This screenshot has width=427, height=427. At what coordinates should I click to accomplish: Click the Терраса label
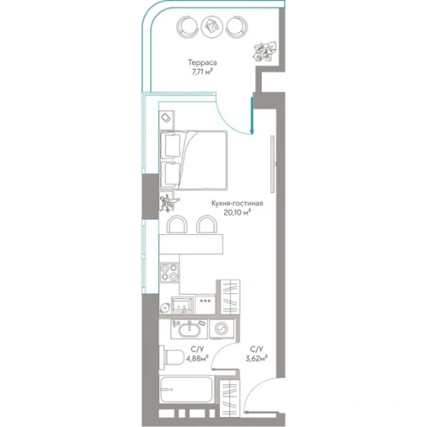click(x=202, y=62)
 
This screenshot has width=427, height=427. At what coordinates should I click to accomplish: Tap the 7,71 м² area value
click(x=202, y=72)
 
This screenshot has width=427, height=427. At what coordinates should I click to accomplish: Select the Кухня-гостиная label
click(x=237, y=204)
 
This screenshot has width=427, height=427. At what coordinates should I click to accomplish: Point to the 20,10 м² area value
click(x=237, y=212)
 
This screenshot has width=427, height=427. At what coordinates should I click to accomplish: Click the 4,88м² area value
click(x=197, y=358)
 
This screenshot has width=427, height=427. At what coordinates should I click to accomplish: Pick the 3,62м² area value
click(x=256, y=358)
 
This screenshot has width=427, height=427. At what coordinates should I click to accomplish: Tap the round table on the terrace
click(x=212, y=27)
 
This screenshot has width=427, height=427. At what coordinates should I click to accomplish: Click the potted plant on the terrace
click(x=264, y=52)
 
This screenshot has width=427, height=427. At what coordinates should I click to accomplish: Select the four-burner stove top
click(x=169, y=273)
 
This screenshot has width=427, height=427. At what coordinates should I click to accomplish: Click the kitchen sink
click(x=182, y=305)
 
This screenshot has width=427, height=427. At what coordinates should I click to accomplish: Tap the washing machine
click(x=222, y=328)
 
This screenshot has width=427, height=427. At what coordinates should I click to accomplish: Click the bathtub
click(x=186, y=389)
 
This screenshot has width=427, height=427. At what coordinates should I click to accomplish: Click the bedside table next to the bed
click(x=167, y=120)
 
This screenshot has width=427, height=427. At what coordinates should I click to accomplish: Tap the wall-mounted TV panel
click(x=273, y=164)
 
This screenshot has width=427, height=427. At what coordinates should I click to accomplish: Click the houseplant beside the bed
click(x=168, y=203)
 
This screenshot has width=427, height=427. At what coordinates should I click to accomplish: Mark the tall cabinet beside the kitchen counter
click(x=230, y=297)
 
